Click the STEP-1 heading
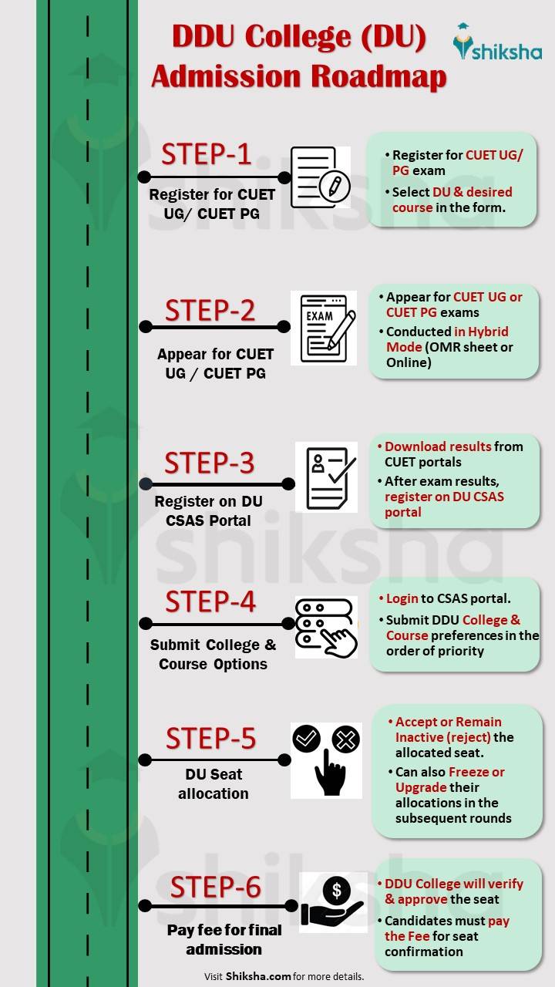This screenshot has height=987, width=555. [x=206, y=154]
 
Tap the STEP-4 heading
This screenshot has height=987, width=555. [x=210, y=601]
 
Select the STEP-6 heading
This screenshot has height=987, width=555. [x=215, y=887]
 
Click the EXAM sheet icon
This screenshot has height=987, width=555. [x=323, y=328]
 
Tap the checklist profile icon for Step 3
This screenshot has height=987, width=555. [x=326, y=477]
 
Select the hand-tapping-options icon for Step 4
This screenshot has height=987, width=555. [x=326, y=627]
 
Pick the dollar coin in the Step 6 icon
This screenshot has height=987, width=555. [x=336, y=891]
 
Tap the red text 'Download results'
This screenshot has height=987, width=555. [x=438, y=446]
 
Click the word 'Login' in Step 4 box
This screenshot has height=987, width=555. [x=402, y=598]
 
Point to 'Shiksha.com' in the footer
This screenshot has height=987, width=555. [x=258, y=976]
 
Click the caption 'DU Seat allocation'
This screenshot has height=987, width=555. [x=214, y=783]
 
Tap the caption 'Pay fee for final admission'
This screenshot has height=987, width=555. [x=224, y=939]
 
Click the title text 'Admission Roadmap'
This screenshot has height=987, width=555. [x=298, y=77]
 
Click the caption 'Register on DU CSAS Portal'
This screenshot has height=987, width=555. [x=208, y=510]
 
